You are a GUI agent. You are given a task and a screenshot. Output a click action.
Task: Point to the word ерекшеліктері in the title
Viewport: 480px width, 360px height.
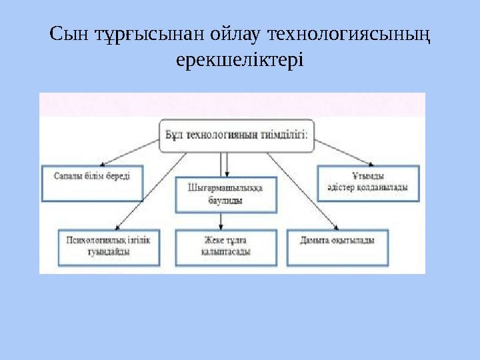pyautogui.click(x=239, y=60)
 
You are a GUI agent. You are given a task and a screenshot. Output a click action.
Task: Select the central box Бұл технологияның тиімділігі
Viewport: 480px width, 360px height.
pyautogui.click(x=236, y=135)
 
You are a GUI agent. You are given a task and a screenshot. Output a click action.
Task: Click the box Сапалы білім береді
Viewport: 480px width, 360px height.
pyautogui.click(x=92, y=181)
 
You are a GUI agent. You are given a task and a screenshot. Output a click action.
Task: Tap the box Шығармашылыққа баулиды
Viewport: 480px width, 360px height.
pyautogui.click(x=226, y=193)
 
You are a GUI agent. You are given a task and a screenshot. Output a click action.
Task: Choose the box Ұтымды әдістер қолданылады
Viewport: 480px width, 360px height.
pyautogui.click(x=367, y=182)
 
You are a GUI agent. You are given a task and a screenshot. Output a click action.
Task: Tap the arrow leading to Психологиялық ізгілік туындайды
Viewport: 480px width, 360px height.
pyautogui.click(x=150, y=193)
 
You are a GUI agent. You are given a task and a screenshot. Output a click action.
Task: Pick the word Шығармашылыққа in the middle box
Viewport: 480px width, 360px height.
pyautogui.click(x=226, y=187)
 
